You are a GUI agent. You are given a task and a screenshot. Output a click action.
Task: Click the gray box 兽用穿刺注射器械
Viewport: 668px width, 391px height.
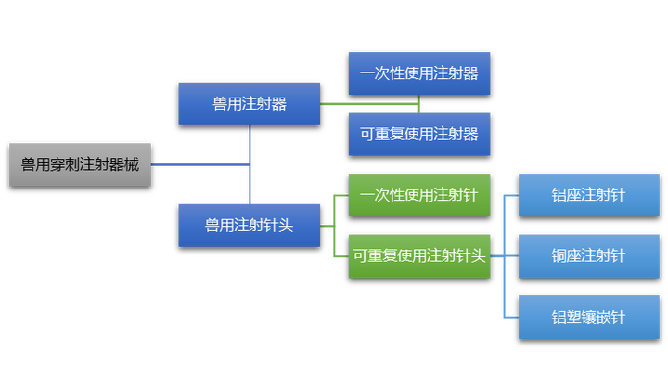(x=80, y=164)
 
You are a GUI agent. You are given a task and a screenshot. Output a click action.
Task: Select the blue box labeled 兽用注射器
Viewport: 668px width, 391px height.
(x=250, y=104)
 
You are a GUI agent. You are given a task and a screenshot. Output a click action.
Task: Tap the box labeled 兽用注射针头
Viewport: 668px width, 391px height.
(x=250, y=226)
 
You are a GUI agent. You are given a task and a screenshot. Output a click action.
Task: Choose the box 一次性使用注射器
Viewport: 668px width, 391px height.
(x=419, y=73)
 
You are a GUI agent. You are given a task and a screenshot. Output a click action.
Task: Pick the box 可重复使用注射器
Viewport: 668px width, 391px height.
(x=419, y=135)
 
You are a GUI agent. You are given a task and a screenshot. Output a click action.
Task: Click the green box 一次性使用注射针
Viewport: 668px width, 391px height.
(x=419, y=195)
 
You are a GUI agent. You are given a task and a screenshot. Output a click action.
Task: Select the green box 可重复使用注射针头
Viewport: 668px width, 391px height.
(x=419, y=255)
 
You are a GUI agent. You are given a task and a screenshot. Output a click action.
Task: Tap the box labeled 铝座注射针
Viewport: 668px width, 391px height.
(x=589, y=195)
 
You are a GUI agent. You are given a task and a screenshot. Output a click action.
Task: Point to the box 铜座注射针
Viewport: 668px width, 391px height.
(x=589, y=255)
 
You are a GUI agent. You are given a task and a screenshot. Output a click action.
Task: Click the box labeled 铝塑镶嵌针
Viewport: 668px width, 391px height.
(x=589, y=318)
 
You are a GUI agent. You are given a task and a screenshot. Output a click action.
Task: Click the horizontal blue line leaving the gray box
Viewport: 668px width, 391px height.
(x=200, y=164)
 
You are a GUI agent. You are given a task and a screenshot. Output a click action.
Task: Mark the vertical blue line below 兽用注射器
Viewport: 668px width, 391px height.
(x=250, y=164)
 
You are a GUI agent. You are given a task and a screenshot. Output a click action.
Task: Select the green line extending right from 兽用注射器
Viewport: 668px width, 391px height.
(x=369, y=104)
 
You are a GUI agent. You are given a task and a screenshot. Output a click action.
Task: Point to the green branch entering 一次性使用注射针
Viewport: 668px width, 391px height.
(x=341, y=196)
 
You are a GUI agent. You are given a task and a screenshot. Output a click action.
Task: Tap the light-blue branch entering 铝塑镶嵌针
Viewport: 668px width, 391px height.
(x=511, y=318)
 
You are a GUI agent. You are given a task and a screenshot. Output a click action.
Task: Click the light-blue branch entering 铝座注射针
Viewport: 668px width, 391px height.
(x=511, y=196)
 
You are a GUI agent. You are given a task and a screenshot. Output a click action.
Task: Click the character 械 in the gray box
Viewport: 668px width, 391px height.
(x=132, y=164)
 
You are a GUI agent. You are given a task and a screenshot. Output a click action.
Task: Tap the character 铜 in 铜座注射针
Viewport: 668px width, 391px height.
(x=559, y=255)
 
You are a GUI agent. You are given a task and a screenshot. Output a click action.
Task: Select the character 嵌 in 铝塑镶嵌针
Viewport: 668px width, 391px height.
(x=603, y=318)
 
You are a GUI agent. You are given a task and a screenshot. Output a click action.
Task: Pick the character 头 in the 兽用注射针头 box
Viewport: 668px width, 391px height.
(x=286, y=226)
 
